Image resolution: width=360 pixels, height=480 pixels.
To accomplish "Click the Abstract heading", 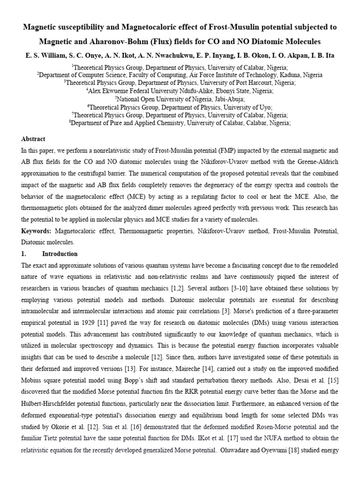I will click(33, 139).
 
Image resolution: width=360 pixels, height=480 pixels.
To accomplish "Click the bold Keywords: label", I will click(37, 232).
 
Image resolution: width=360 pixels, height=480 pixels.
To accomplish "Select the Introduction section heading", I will click(60, 254).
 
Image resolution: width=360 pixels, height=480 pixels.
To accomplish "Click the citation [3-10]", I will click(195, 288).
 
